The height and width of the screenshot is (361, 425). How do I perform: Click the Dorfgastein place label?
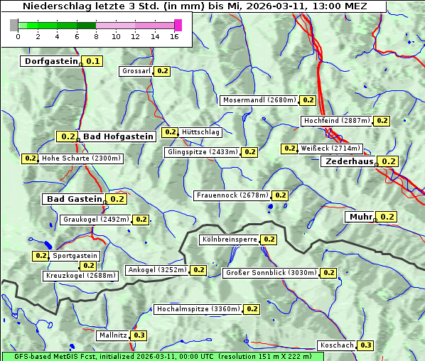point(50,61)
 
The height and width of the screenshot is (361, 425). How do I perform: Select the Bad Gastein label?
point(75,199)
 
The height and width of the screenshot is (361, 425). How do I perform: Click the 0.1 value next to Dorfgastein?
point(92,61)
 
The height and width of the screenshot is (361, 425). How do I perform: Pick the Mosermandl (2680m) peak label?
point(259,100)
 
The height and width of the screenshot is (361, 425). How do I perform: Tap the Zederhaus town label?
point(349,162)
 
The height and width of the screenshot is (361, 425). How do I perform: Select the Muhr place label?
point(360,217)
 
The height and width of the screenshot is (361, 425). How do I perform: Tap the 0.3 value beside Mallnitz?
point(139,335)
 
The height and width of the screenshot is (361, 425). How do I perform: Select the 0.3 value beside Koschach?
point(365,345)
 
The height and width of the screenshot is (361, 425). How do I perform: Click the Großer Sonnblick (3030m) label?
point(270,273)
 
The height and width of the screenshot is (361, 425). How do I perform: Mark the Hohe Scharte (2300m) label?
point(81,158)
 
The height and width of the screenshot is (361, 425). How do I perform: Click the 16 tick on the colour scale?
point(175,36)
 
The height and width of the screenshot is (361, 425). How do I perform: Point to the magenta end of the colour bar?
point(178,25)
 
